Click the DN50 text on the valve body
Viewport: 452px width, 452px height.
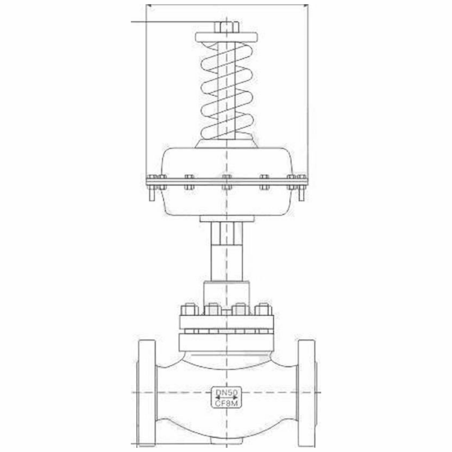226,393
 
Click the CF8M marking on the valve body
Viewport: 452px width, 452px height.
226,403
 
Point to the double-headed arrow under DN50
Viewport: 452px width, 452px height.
226,398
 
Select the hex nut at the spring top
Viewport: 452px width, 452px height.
227,27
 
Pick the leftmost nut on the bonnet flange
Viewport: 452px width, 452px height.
188,310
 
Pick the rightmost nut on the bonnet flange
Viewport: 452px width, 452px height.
263,310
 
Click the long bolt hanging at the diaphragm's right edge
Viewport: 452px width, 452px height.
301,190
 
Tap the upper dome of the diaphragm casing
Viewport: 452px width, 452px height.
226,162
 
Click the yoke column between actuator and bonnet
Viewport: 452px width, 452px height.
226,253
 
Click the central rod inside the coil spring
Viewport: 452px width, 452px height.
227,90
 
